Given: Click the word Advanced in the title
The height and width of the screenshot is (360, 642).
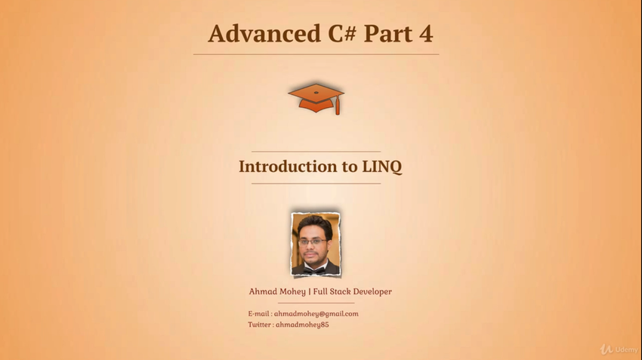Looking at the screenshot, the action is click(x=264, y=33).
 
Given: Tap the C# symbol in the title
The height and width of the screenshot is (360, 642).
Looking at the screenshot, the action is click(x=342, y=33).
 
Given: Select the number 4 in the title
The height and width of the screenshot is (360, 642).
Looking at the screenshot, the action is click(x=426, y=34).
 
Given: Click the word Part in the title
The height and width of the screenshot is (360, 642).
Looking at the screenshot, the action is click(x=388, y=34).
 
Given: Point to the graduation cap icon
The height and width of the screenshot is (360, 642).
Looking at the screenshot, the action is click(x=316, y=99).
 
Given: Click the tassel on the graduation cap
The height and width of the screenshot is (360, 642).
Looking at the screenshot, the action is click(x=338, y=106).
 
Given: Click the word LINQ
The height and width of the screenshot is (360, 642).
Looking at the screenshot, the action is click(x=382, y=167).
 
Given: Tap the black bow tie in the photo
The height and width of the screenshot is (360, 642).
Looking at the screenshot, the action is click(x=314, y=269).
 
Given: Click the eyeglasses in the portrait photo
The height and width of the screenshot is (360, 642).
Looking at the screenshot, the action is click(x=313, y=242).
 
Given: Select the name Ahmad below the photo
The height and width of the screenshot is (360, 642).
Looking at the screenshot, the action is click(x=262, y=291).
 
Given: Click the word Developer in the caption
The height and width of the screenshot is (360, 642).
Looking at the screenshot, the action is click(x=372, y=291).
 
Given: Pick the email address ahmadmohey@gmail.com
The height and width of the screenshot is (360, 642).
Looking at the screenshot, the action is click(x=316, y=314).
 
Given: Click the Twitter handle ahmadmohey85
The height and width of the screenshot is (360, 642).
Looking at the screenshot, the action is click(x=302, y=325).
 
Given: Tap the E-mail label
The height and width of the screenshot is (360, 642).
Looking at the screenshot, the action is click(x=259, y=314).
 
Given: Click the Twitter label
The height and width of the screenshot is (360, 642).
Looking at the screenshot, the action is click(x=260, y=325).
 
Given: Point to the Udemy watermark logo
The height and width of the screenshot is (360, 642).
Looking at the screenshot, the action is click(x=619, y=349).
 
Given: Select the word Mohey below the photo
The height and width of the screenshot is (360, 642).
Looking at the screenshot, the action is click(x=292, y=292).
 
